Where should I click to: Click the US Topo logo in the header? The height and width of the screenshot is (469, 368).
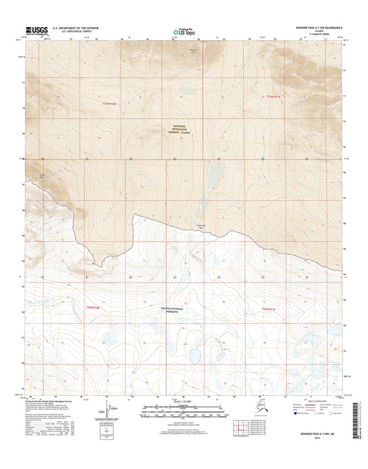(183, 30)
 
